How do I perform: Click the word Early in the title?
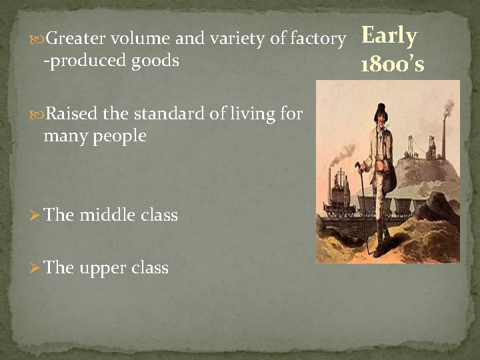pyautogui.click(x=389, y=36)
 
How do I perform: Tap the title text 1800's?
pyautogui.click(x=392, y=64)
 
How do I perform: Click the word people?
pyautogui.click(x=120, y=136)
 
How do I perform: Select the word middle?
pyautogui.click(x=108, y=215)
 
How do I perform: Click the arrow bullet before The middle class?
pyautogui.click(x=36, y=215)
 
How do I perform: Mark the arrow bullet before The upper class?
pyautogui.click(x=36, y=268)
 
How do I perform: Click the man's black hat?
pyautogui.click(x=382, y=109)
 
